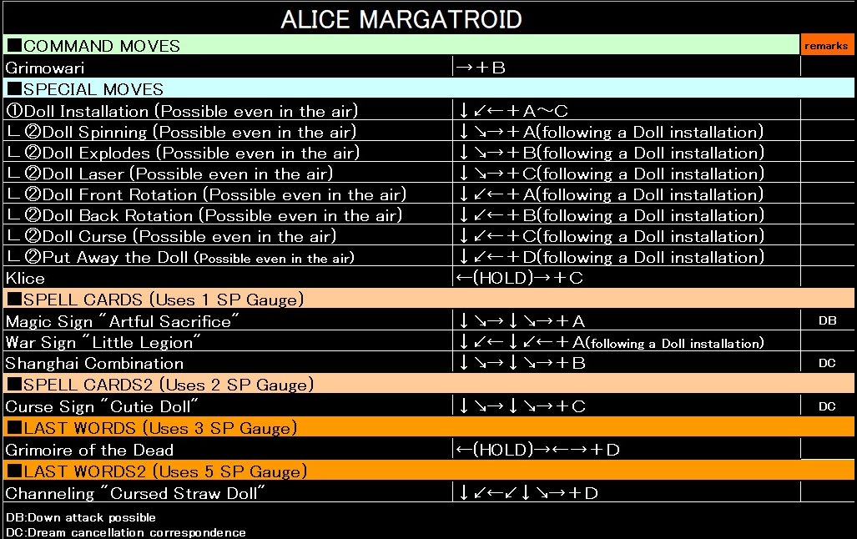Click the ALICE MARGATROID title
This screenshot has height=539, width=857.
tap(401, 19)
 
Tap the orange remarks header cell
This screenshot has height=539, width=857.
tap(826, 46)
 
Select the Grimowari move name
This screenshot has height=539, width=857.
tap(45, 68)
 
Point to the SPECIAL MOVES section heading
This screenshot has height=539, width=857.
tap(86, 89)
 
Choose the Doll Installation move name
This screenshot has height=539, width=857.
tap(182, 111)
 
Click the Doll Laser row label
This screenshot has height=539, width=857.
tap(169, 174)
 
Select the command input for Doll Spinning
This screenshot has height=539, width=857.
tap(610, 132)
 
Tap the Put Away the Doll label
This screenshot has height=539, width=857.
tap(180, 258)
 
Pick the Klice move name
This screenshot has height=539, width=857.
tap(25, 278)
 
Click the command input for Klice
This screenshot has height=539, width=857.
tap(519, 278)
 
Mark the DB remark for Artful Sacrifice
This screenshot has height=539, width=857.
tap(827, 320)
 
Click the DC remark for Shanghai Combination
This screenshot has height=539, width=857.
tap(827, 364)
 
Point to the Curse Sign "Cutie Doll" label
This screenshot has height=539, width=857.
tap(102, 407)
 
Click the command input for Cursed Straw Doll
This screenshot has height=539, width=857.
tap(527, 493)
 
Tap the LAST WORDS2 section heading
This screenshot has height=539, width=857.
tap(157, 471)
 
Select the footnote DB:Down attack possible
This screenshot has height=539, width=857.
tap(80, 517)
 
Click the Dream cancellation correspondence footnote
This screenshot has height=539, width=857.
tap(125, 532)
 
